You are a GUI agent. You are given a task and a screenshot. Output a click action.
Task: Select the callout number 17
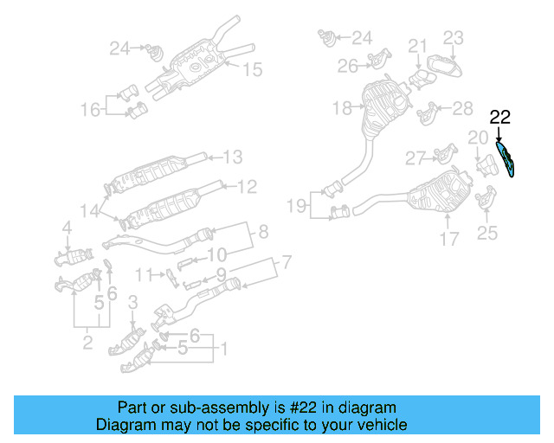pyautogui.click(x=448, y=239)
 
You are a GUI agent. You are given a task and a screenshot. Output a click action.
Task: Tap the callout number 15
pyautogui.click(x=251, y=69)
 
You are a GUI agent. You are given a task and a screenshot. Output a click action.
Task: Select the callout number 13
pyautogui.click(x=233, y=157)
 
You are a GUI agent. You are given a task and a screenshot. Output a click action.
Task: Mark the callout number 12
pyautogui.click(x=247, y=185)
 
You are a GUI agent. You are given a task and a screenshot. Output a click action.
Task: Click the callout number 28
pyautogui.click(x=463, y=108)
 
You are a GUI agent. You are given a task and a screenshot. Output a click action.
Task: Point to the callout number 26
pyautogui.click(x=348, y=66)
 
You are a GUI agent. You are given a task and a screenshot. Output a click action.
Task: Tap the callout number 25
pyautogui.click(x=488, y=232)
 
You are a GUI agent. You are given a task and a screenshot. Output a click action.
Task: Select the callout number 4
pyautogui.click(x=66, y=228)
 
